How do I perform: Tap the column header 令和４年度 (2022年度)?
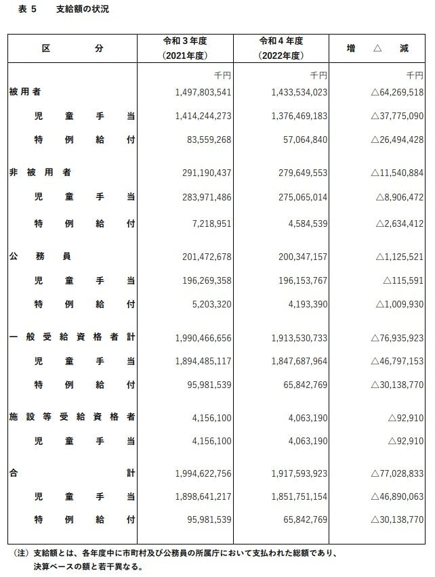click(281, 48)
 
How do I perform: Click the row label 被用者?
click(24, 91)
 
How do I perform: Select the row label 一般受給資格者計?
click(72, 337)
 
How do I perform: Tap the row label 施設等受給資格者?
click(72, 418)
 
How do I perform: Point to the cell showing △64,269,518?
click(396, 92)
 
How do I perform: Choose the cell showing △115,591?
click(403, 280)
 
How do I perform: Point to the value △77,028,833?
click(396, 473)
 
